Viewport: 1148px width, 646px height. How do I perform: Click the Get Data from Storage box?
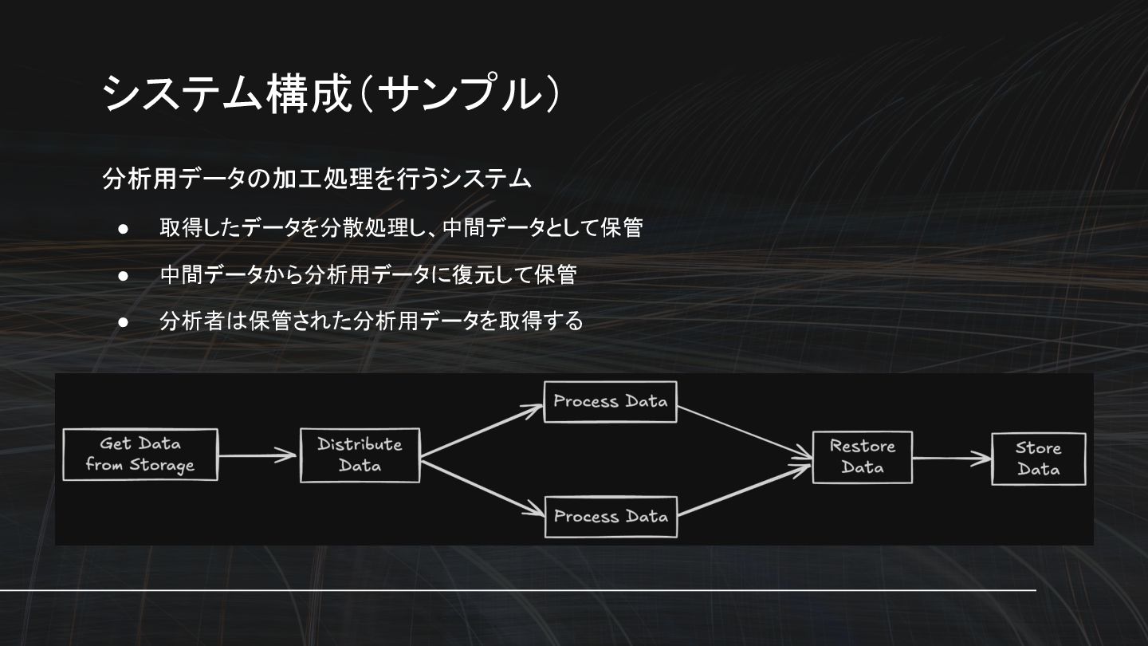(140, 455)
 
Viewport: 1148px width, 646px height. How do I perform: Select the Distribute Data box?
(360, 455)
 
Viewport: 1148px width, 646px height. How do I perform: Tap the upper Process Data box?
(610, 401)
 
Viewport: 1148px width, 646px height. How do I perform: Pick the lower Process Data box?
(610, 517)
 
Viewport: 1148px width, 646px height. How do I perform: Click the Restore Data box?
(862, 457)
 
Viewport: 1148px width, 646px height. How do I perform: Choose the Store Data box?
(1038, 459)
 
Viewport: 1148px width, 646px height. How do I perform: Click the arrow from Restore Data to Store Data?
(951, 459)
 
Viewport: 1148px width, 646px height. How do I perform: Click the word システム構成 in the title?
(227, 94)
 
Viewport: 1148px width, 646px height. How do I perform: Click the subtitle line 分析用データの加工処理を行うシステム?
(316, 179)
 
